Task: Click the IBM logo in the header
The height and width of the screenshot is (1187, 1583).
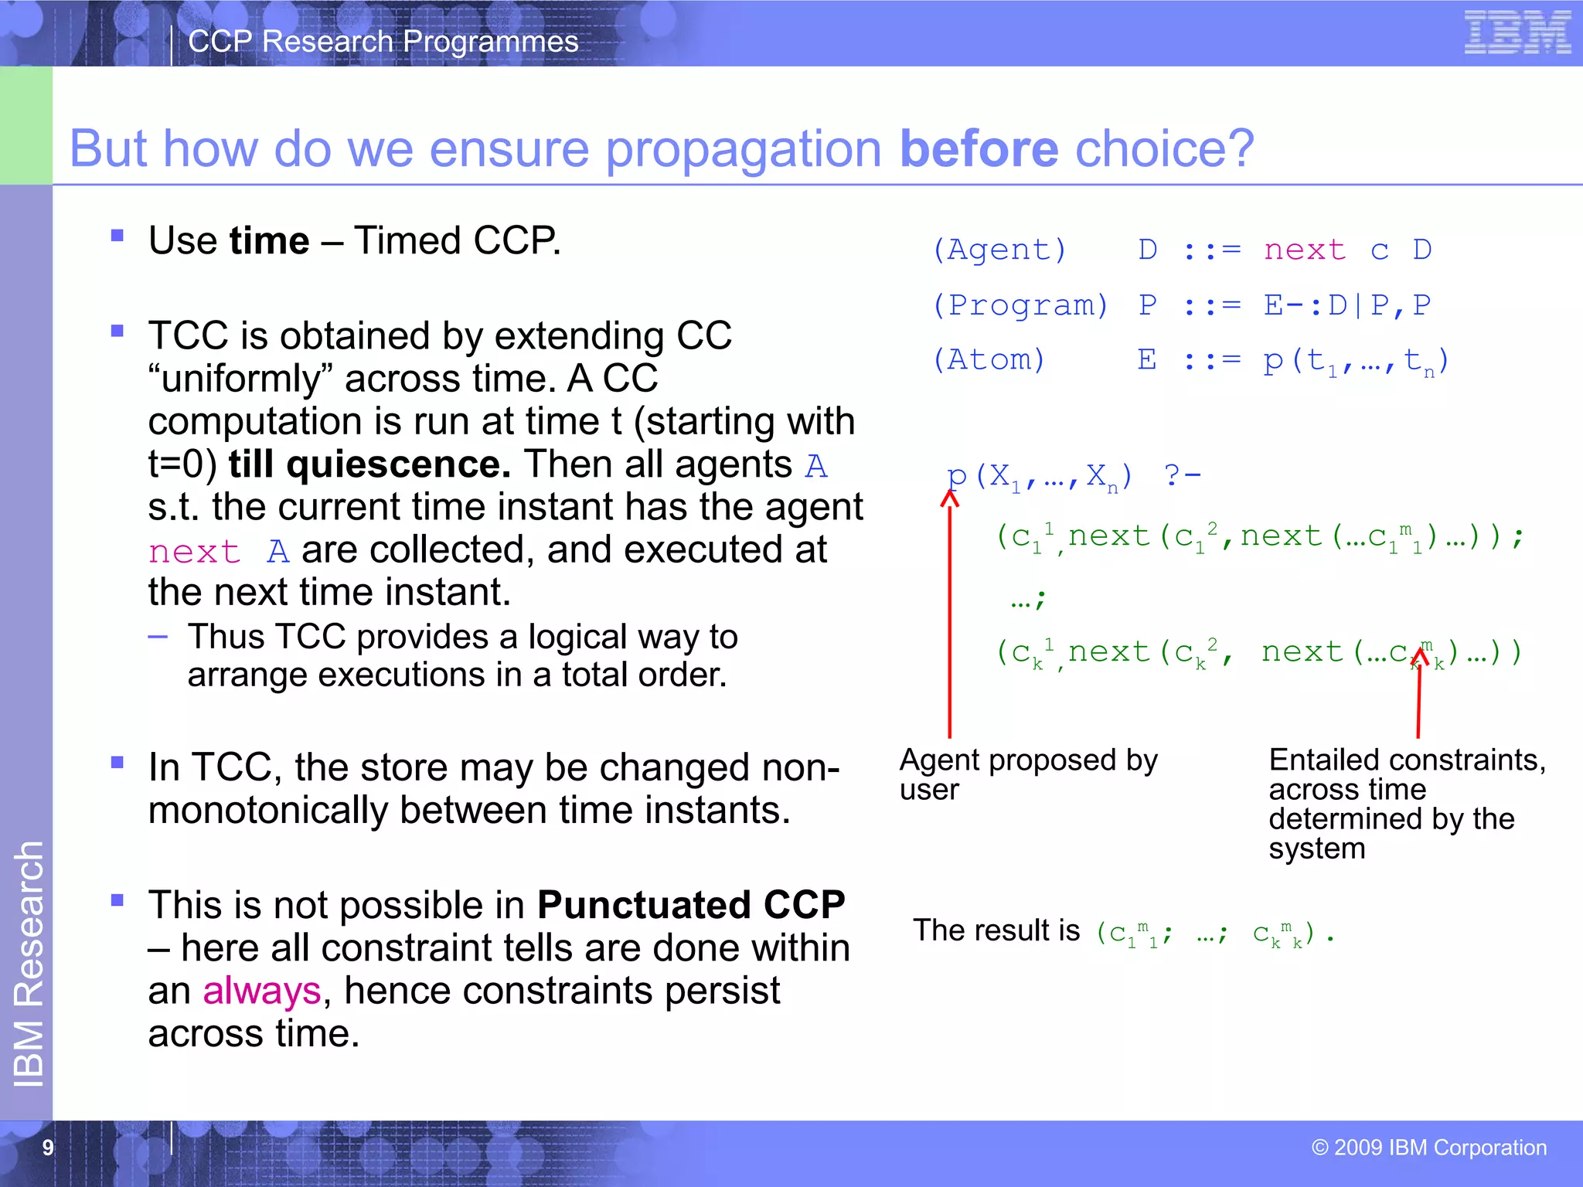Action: (1517, 33)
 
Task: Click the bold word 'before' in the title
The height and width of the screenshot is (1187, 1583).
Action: (979, 148)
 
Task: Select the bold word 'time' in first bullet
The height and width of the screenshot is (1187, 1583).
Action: (269, 240)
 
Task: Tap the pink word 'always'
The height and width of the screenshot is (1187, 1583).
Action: (261, 991)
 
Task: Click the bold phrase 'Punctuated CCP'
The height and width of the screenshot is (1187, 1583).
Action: (691, 905)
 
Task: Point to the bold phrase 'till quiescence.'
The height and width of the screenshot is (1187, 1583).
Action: (369, 464)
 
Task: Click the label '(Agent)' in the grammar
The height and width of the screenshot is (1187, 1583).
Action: (999, 250)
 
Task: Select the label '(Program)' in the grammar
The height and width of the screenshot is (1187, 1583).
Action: (1020, 306)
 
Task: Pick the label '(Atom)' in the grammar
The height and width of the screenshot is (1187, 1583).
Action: (989, 360)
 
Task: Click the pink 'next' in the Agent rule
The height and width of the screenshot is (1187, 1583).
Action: (1305, 250)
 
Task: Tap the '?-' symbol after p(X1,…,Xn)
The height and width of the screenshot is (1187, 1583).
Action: (1182, 474)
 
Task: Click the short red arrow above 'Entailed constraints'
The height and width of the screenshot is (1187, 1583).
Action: (1418, 692)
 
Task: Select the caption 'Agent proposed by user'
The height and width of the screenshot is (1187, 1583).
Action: (1028, 774)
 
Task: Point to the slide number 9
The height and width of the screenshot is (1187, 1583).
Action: (48, 1148)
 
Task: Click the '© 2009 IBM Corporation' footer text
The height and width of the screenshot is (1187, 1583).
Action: (1428, 1148)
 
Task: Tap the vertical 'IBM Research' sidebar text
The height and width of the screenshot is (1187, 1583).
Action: (29, 964)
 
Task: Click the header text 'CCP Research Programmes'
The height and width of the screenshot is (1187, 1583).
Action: (383, 42)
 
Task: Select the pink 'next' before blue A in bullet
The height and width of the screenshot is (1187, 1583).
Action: (194, 553)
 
